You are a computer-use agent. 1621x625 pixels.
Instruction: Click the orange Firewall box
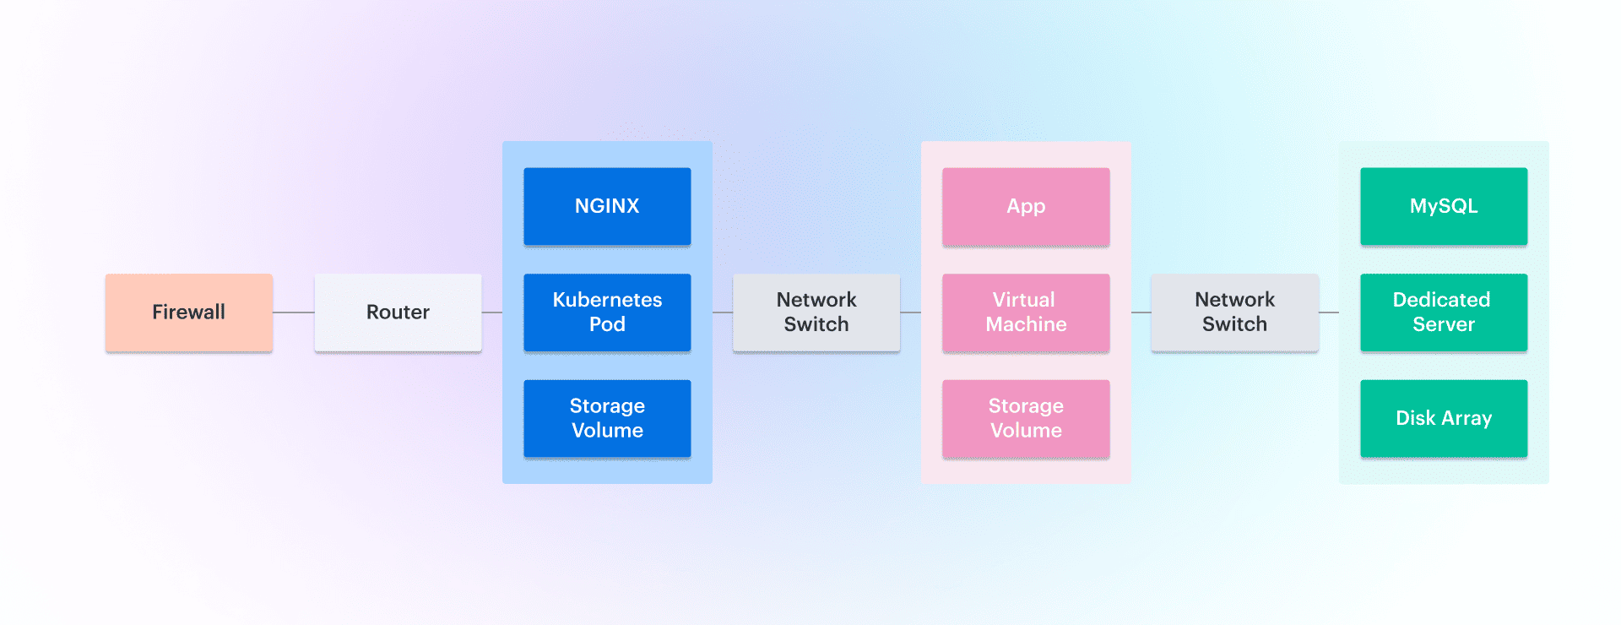pyautogui.click(x=189, y=312)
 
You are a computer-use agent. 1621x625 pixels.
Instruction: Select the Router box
pyautogui.click(x=398, y=312)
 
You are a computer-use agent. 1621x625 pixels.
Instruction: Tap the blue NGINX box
pyautogui.click(x=607, y=206)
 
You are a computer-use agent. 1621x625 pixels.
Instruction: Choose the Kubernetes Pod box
pyautogui.click(x=607, y=312)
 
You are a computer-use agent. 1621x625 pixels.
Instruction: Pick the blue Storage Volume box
pyautogui.click(x=607, y=418)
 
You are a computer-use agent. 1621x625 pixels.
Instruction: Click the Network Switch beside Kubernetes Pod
pyautogui.click(x=816, y=312)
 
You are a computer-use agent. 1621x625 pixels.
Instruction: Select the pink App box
pyautogui.click(x=1026, y=206)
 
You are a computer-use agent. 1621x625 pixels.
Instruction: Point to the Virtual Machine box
pyautogui.click(x=1026, y=312)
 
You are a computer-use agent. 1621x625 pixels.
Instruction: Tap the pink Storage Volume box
pyautogui.click(x=1026, y=418)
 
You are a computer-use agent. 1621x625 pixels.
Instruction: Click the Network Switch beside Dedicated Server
pyautogui.click(x=1234, y=312)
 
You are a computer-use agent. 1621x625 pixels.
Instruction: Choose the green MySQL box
pyautogui.click(x=1444, y=206)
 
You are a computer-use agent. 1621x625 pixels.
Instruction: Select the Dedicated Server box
pyautogui.click(x=1444, y=312)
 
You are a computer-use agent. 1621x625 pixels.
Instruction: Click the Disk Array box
pyautogui.click(x=1444, y=418)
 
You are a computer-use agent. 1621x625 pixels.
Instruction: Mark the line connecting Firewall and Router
pyautogui.click(x=294, y=312)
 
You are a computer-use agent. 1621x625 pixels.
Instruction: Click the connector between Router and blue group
pyautogui.click(x=492, y=312)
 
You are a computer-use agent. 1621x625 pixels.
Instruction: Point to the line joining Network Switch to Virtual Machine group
pyautogui.click(x=911, y=312)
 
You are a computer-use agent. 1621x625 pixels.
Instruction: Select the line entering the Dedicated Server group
pyautogui.click(x=1329, y=312)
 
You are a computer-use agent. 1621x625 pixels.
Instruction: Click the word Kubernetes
pyautogui.click(x=607, y=300)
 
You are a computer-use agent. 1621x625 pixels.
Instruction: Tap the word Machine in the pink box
pyautogui.click(x=1026, y=324)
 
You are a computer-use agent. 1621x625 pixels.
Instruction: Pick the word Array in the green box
pyautogui.click(x=1467, y=418)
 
